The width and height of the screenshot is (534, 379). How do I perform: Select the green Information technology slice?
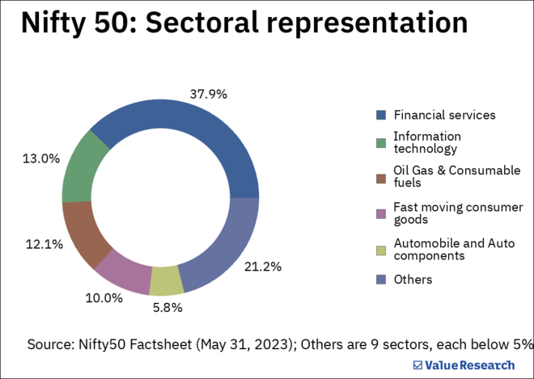tap(83, 166)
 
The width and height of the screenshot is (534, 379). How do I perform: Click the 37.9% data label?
tap(208, 94)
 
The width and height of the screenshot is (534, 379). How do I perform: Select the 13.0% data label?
tap(40, 158)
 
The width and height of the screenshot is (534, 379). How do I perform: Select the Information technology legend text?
tap(426, 142)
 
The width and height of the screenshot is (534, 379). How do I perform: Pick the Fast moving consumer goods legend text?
tap(458, 213)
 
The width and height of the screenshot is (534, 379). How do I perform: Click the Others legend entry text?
tap(413, 280)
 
